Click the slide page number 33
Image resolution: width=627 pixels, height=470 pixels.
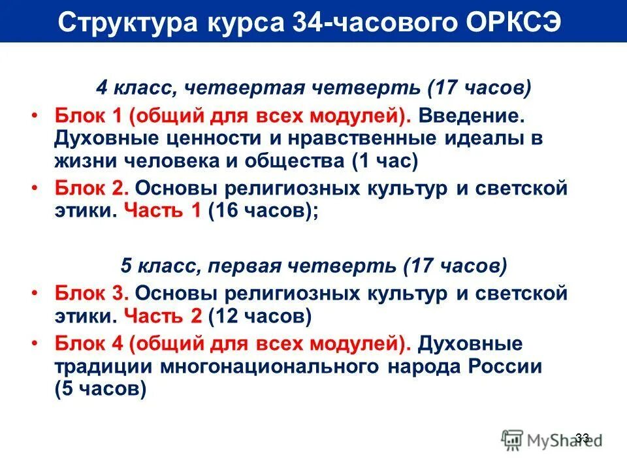pyautogui.click(x=583, y=437)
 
